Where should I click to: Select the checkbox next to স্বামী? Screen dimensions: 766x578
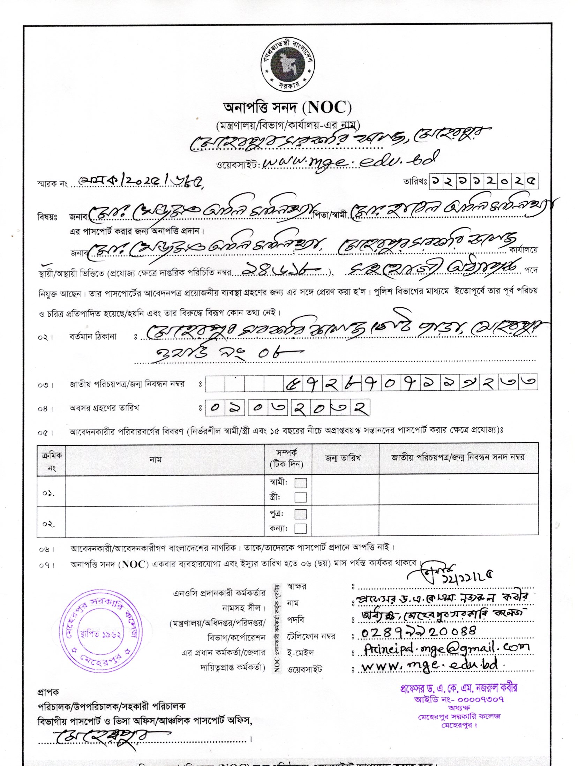point(300,483)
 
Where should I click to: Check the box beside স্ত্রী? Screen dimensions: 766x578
point(300,497)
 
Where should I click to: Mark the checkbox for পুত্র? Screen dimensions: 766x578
point(300,514)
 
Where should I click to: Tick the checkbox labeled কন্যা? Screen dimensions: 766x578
point(300,528)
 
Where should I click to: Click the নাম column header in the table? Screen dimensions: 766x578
point(155,460)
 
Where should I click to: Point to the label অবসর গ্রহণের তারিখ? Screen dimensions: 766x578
point(104,408)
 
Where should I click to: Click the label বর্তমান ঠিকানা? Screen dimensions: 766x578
point(93,337)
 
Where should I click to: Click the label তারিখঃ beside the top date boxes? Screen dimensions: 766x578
point(415,181)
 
